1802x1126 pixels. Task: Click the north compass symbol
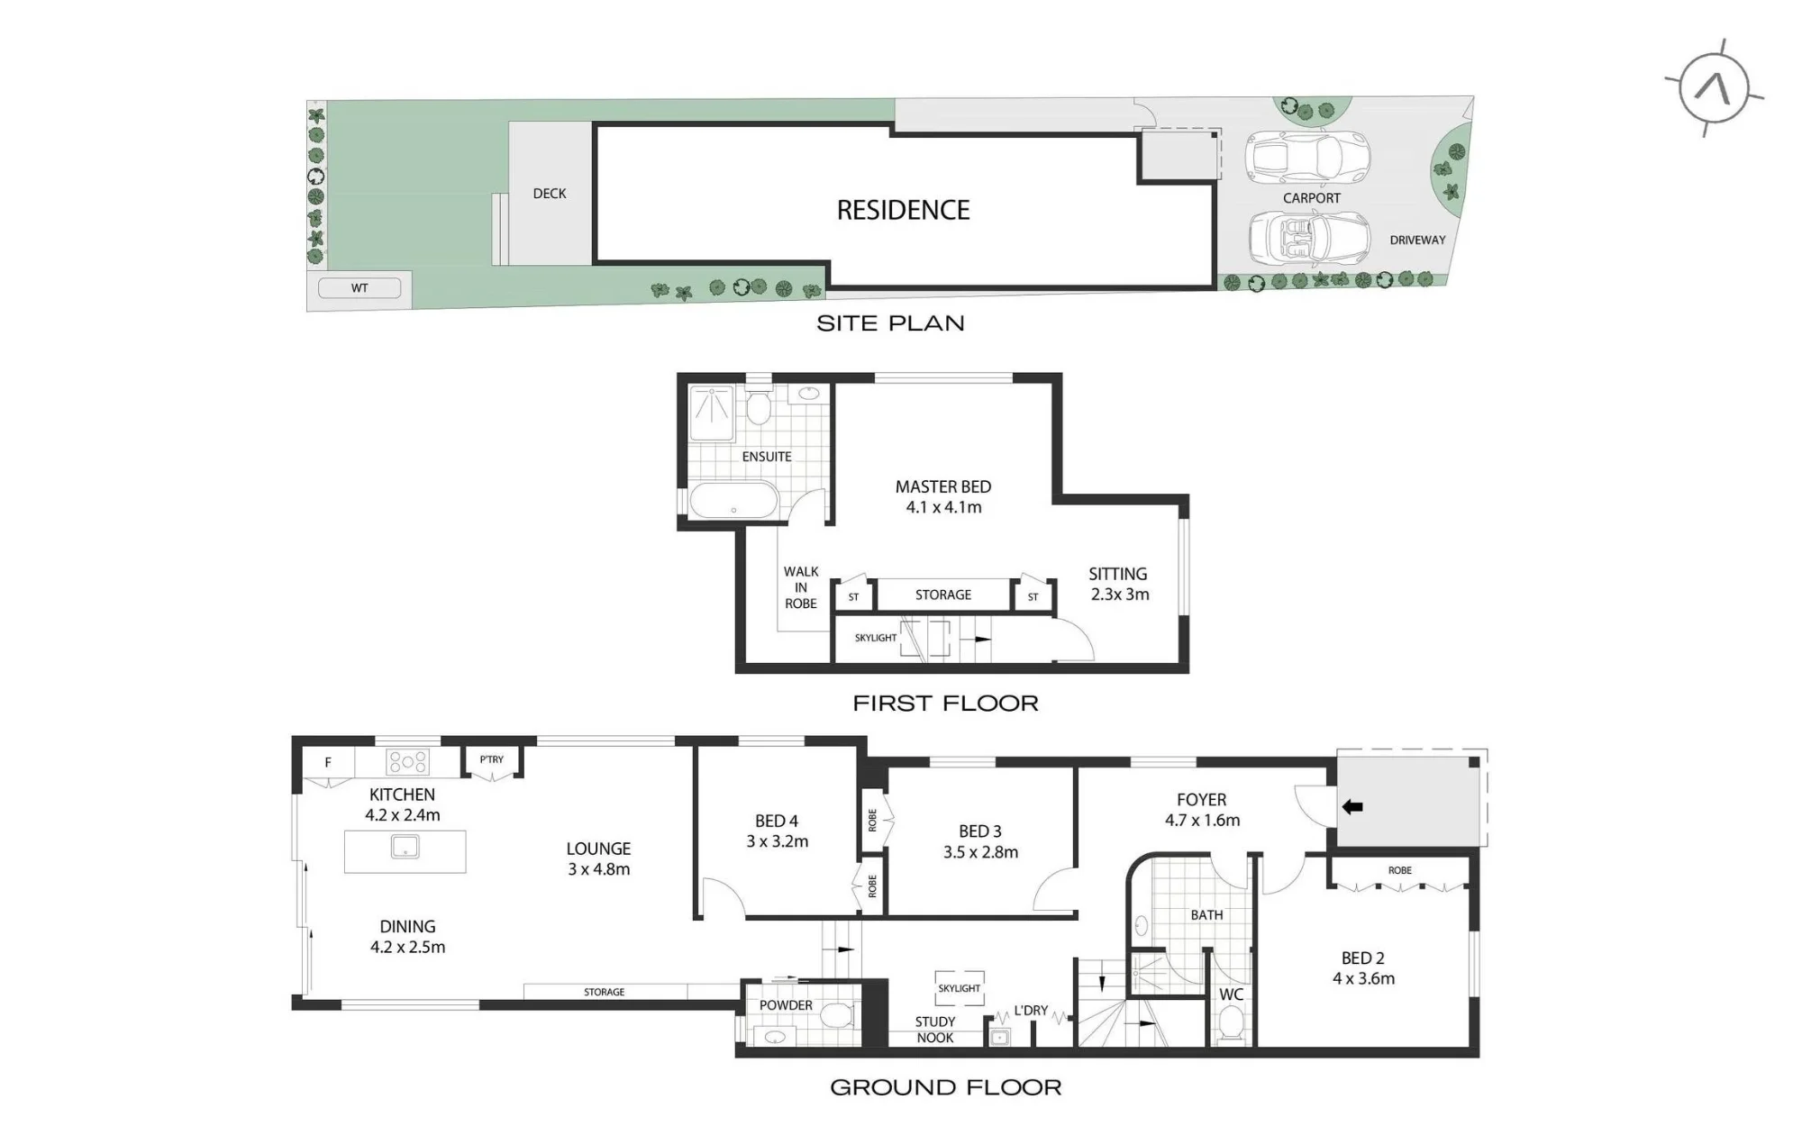(1714, 88)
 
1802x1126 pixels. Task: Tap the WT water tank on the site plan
(359, 288)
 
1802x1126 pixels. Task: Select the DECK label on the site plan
(550, 194)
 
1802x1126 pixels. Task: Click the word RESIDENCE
(903, 210)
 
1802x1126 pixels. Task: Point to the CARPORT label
(1311, 198)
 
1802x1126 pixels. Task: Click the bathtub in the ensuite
(733, 501)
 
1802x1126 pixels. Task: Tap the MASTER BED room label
(943, 486)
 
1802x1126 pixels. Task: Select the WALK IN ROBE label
(801, 587)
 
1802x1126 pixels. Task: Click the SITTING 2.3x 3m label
(1118, 584)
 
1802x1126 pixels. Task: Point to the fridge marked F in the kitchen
(328, 762)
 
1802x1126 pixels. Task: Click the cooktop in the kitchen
(407, 762)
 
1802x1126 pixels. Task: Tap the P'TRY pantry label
(492, 759)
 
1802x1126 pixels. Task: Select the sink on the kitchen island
(405, 847)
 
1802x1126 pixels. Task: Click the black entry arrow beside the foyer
(1352, 807)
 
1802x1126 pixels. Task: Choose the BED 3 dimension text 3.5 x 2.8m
(980, 852)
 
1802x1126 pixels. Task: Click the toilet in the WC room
(1231, 1023)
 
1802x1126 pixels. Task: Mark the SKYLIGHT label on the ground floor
(959, 988)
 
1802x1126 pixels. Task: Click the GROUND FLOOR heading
(945, 1087)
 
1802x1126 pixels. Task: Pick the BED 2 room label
(1362, 958)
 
